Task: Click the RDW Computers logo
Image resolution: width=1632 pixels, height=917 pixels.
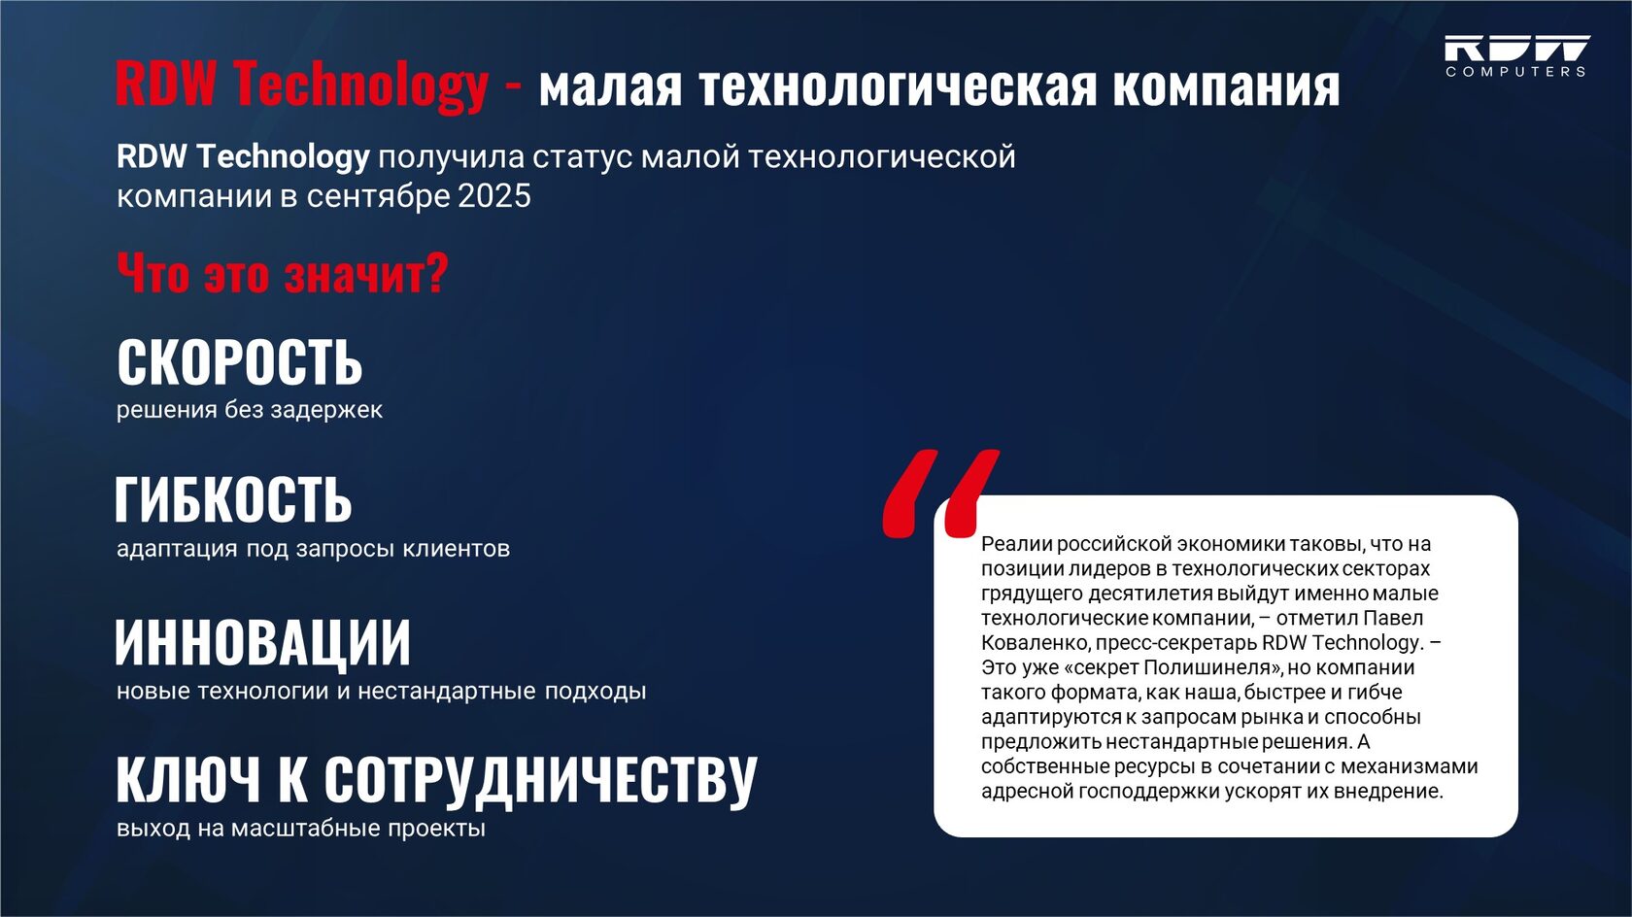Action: point(1516,55)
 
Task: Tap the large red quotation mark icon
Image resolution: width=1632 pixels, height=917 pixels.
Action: point(940,493)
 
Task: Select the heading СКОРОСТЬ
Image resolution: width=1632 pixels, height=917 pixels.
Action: point(239,362)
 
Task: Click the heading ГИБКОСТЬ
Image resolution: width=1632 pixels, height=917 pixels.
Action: point(233,499)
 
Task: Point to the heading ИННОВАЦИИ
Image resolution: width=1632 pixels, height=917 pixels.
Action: point(263,643)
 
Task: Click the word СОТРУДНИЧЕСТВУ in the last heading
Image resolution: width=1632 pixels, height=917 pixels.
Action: point(540,780)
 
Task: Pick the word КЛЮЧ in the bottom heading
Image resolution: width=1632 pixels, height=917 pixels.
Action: point(188,779)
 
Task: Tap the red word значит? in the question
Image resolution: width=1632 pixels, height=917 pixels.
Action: point(365,275)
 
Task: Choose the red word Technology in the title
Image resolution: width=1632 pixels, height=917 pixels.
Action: point(361,85)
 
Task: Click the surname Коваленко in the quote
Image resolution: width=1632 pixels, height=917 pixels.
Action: point(1036,643)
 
